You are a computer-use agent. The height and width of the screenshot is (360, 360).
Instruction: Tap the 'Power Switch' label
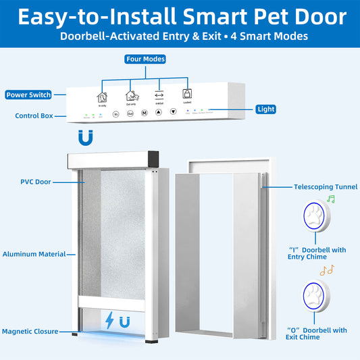pyautogui.click(x=28, y=95)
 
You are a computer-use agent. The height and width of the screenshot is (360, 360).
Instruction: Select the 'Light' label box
pyautogui.click(x=265, y=109)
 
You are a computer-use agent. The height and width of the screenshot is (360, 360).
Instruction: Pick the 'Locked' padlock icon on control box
pyautogui.click(x=186, y=94)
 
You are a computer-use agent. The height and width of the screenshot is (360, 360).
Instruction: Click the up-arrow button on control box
pyautogui.click(x=159, y=113)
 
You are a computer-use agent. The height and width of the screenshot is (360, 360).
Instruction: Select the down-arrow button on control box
pyautogui.click(x=173, y=113)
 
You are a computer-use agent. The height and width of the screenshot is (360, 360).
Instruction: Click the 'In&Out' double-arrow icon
pyautogui.click(x=159, y=94)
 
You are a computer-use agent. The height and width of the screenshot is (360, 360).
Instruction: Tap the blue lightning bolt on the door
pyautogui.click(x=109, y=319)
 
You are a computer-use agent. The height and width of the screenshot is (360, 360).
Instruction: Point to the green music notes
pyautogui.click(x=330, y=199)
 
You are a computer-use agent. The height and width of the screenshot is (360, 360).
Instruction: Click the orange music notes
pyautogui.click(x=328, y=270)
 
